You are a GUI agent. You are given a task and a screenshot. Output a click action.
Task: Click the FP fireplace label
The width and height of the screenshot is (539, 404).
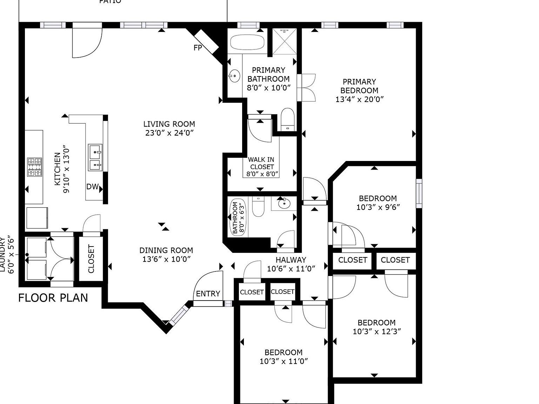198,48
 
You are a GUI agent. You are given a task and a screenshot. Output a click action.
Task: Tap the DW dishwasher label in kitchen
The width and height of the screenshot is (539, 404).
92,187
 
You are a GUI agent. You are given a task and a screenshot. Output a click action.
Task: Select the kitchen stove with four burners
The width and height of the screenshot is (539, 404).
35,167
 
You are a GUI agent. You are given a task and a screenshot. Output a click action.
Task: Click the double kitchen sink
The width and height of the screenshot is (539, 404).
95,157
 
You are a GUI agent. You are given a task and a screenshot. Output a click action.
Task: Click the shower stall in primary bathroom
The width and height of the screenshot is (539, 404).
285,42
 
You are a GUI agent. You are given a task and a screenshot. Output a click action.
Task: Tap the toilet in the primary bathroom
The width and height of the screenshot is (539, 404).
288,119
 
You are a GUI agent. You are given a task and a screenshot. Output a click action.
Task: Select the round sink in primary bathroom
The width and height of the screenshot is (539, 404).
234,75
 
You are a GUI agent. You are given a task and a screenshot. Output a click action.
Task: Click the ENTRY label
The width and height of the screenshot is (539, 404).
208,294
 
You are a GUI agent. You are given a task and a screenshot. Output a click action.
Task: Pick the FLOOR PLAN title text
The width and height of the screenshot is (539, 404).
53,298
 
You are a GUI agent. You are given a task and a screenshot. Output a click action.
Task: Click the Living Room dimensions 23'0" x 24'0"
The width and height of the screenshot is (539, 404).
169,133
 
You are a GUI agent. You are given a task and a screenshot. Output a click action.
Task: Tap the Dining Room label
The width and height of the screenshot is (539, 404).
166,250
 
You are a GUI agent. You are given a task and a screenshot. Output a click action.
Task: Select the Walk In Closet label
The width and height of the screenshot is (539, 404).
261,163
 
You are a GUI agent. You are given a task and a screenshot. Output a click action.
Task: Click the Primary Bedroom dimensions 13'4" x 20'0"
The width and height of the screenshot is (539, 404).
359,99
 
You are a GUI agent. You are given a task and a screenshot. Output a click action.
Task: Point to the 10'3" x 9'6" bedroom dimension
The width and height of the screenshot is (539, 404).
378,207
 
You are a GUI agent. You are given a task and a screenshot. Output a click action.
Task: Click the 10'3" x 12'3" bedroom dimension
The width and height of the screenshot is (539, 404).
377,331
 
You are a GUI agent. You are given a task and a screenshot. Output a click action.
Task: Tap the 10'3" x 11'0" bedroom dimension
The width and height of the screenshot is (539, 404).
284,361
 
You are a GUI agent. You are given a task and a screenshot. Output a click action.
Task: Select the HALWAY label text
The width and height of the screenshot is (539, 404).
291,260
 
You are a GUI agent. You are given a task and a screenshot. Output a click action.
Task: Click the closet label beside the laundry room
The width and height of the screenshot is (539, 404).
91,259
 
